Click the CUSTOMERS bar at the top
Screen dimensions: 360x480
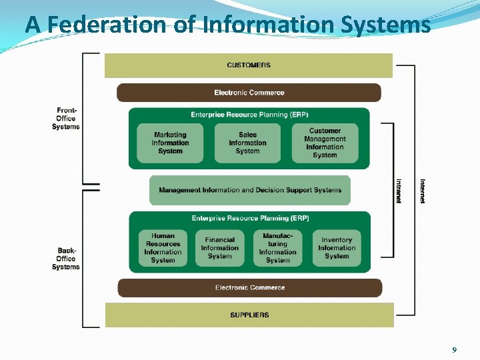point(249,65)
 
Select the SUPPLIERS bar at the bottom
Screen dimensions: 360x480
point(249,315)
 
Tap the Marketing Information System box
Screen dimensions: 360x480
point(170,143)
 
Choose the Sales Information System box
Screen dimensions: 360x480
point(247,143)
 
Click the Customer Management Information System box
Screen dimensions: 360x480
point(325,143)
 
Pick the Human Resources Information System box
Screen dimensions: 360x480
point(163,248)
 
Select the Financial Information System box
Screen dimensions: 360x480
point(220,248)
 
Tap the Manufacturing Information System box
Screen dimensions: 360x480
point(277,248)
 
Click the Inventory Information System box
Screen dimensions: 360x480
point(337,248)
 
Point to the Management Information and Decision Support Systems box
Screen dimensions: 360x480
point(250,190)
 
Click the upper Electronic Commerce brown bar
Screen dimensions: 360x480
point(249,93)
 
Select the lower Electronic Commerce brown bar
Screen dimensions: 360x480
point(250,288)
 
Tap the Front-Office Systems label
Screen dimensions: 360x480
point(66,119)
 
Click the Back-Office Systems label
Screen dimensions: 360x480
point(66,259)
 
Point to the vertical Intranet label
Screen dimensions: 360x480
point(399,191)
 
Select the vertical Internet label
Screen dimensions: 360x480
point(423,191)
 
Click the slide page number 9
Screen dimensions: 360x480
point(454,350)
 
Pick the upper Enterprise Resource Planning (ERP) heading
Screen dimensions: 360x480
point(249,115)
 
